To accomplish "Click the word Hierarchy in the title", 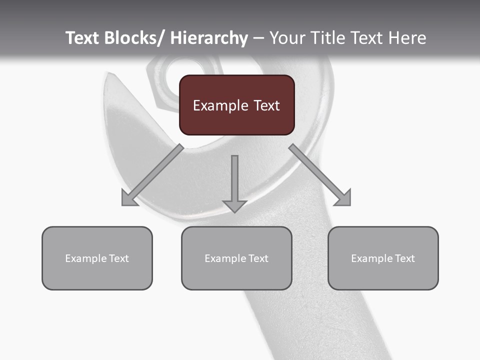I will (209, 38).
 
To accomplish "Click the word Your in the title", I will (286, 38).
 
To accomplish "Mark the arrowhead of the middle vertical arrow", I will (234, 206).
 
